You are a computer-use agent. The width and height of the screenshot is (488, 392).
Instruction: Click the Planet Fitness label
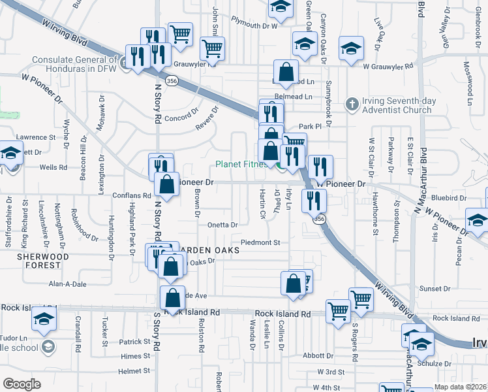[241, 164]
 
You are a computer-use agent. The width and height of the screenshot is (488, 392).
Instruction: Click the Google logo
[22, 384]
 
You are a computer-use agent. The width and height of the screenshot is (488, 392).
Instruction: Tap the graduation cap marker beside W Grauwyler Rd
[350, 49]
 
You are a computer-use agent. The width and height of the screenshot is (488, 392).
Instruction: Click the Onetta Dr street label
[222, 224]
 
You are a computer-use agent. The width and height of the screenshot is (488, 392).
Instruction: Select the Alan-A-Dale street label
[69, 284]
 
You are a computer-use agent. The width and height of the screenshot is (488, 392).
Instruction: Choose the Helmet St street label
[135, 370]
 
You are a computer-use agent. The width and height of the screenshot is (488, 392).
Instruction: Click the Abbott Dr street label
[318, 356]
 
